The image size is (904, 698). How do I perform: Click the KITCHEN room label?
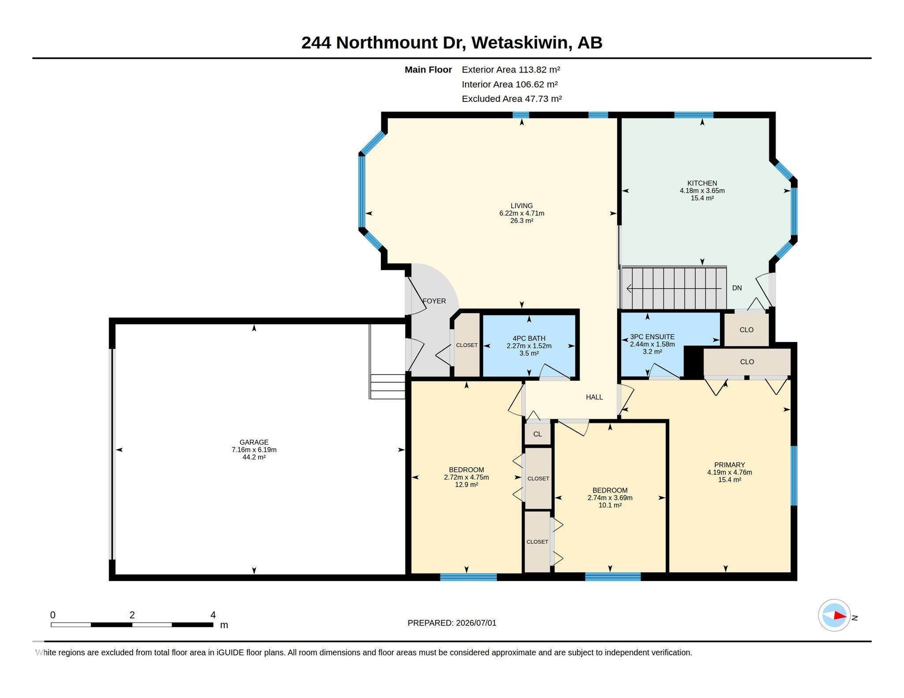click(702, 183)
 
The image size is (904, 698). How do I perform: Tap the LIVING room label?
click(522, 206)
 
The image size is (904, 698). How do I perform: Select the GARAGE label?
click(254, 442)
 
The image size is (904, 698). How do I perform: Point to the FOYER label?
click(434, 301)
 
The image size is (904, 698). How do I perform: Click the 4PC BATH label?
click(529, 338)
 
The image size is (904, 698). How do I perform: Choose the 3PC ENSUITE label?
click(652, 337)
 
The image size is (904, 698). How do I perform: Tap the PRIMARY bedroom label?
click(730, 465)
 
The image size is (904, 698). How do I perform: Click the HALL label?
click(594, 397)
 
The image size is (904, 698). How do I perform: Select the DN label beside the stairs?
click(737, 288)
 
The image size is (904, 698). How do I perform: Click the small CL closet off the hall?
click(537, 434)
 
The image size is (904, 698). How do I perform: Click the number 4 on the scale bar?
click(213, 615)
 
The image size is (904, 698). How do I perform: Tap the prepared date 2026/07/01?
click(476, 623)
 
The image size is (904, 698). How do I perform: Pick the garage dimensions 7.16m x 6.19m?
click(254, 450)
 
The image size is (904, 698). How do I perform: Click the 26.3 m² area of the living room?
click(522, 221)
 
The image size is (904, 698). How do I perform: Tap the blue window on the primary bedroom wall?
click(794, 475)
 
